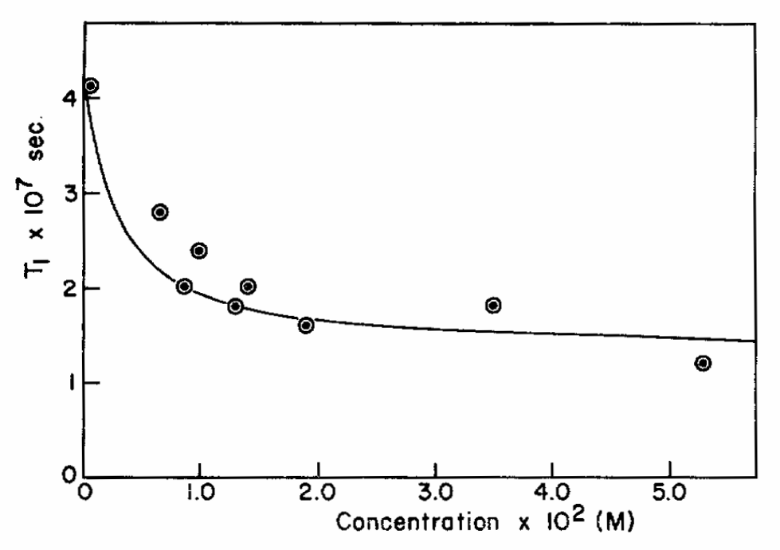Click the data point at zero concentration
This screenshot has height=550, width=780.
coord(91,85)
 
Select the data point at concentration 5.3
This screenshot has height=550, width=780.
coord(703,363)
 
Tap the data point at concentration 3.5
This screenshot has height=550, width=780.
coord(493,305)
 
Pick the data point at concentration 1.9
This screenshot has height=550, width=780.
coord(306,325)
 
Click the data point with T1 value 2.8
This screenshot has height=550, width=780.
coord(159,212)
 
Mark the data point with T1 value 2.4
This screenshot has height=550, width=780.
coord(199,251)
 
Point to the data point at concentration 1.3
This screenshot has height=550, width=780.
coord(235,306)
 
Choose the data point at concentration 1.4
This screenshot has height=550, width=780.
coord(248,286)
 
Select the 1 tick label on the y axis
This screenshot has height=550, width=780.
coord(70,383)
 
